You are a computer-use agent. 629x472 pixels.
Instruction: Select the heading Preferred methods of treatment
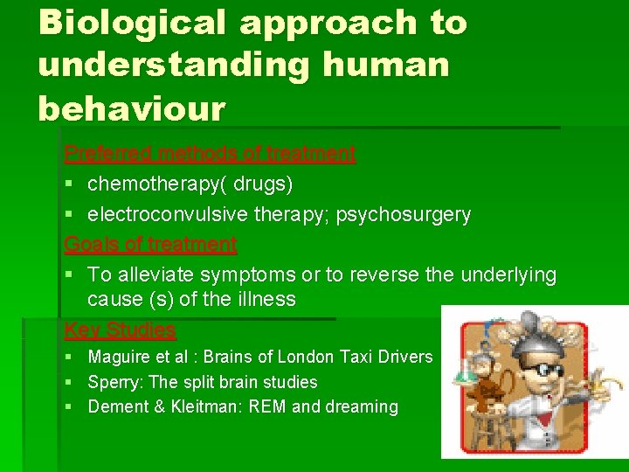210,154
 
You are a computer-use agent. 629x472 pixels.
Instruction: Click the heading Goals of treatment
150,244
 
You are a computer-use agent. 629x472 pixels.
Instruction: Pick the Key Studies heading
120,330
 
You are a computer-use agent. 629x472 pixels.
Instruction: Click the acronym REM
273,407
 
